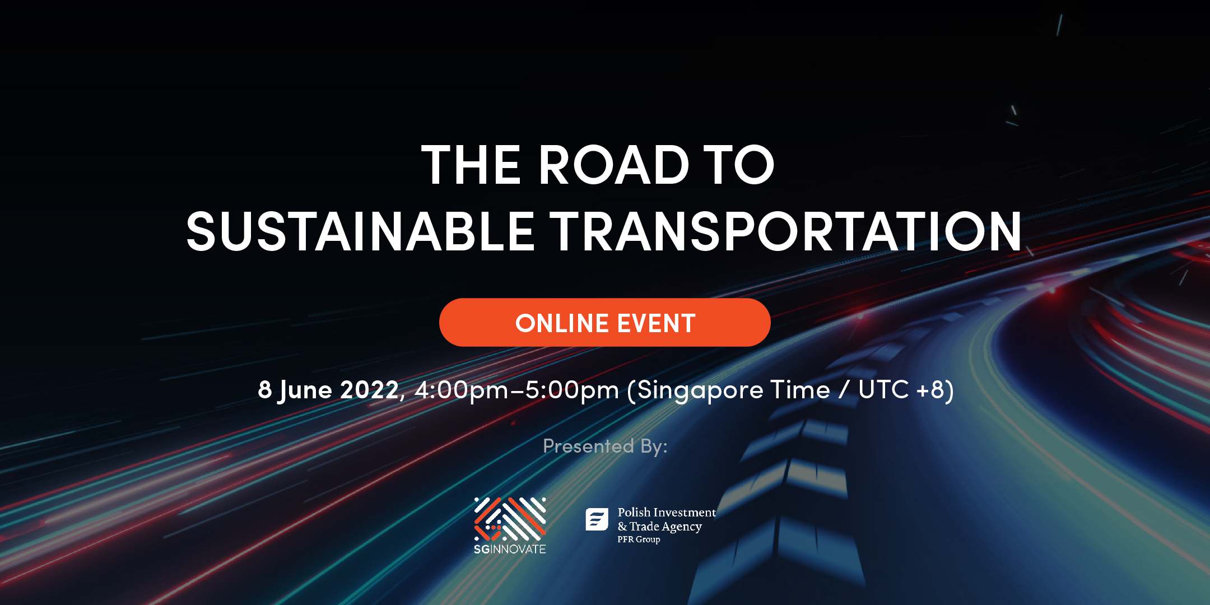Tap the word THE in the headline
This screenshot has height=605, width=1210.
471,165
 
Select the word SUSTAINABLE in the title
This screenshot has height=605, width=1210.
360,231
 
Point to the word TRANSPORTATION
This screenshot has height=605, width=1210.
786,231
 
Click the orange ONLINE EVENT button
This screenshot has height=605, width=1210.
605,323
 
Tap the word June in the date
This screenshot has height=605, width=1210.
305,390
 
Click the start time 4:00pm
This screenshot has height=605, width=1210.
460,391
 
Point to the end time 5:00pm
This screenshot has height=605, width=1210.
572,391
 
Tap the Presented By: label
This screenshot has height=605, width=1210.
605,446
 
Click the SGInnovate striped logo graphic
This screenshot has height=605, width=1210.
510,519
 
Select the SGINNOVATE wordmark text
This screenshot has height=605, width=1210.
510,549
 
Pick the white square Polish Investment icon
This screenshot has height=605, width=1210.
597,519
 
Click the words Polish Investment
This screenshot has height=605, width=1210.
667,512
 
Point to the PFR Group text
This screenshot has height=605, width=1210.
639,539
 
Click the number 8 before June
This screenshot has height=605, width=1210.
264,389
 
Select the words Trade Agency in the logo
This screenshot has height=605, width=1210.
665,527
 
